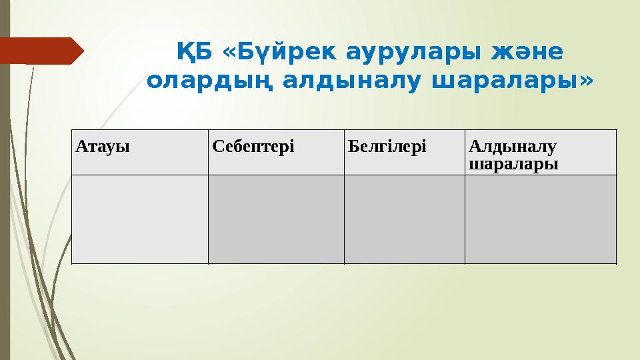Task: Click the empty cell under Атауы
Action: pos(139,219)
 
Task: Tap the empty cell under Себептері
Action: pos(276,219)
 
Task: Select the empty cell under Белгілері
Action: pos(404,219)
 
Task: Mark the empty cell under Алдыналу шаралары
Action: pos(540,219)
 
